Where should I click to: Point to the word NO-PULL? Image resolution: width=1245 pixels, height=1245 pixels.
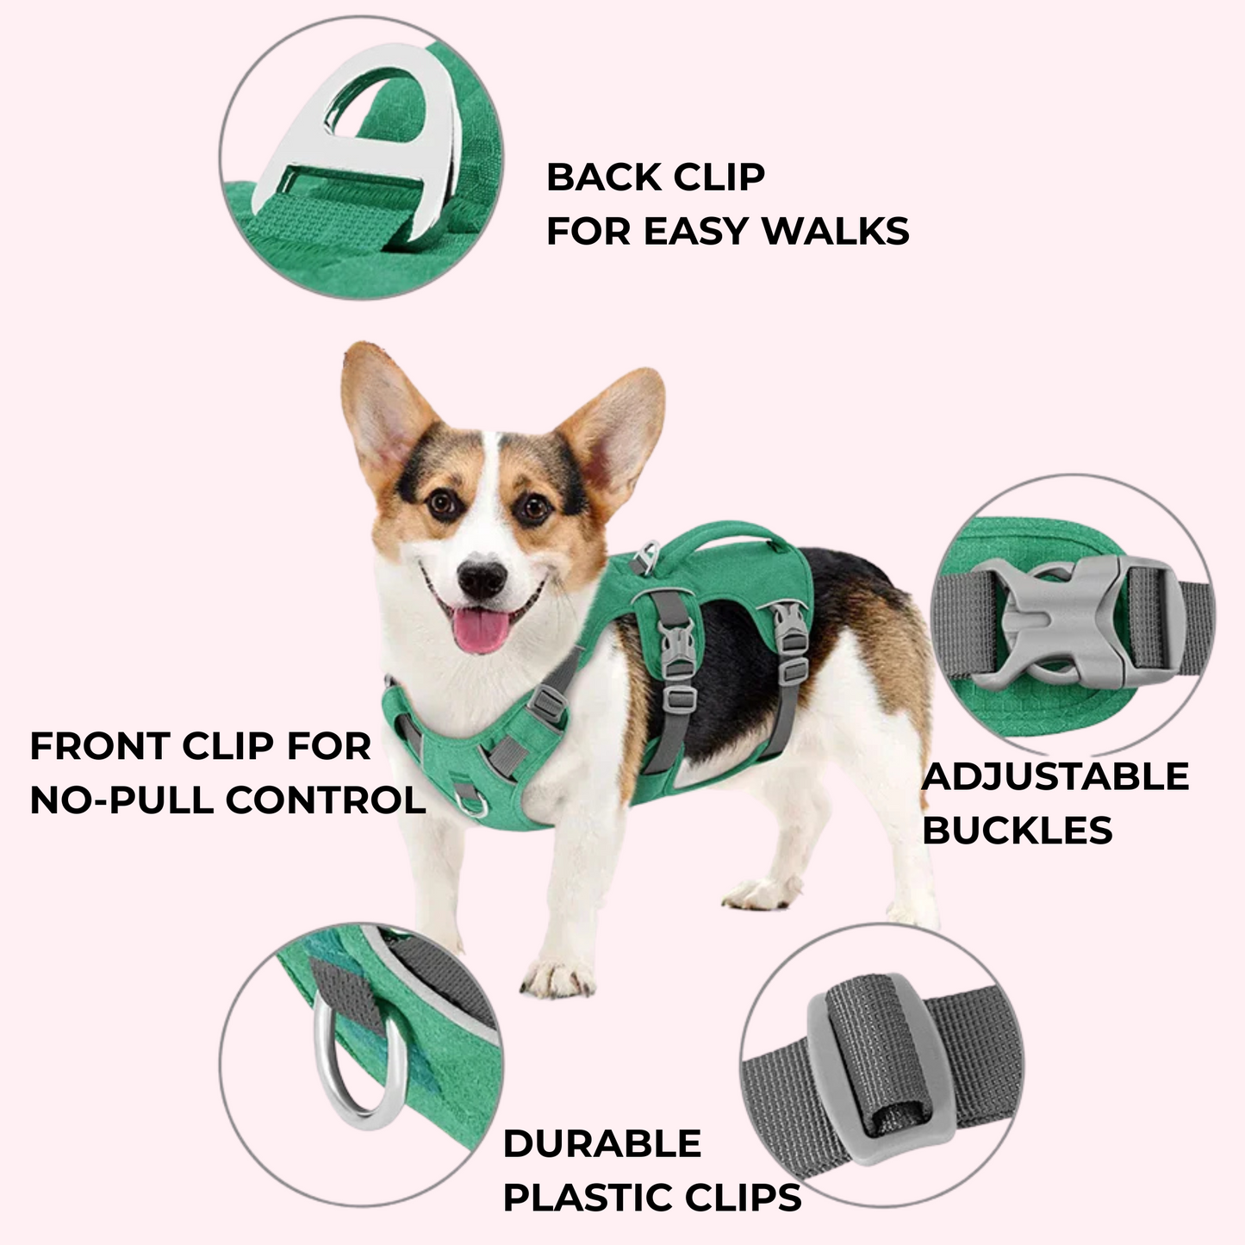click(121, 800)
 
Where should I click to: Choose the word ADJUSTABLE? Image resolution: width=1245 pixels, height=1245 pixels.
click(1055, 777)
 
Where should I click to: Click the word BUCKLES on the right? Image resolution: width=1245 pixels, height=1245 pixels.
click(1018, 831)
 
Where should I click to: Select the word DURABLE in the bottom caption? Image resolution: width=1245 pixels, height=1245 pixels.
click(602, 1144)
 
